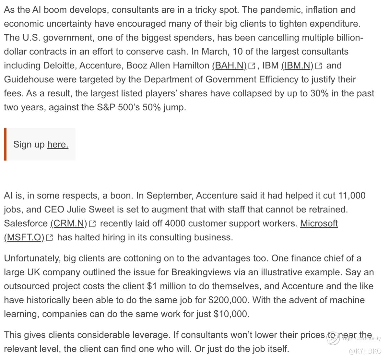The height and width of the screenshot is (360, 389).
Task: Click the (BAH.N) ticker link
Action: tap(229, 66)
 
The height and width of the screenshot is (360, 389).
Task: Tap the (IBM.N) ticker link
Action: tap(297, 66)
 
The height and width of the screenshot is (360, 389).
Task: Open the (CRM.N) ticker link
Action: tap(69, 223)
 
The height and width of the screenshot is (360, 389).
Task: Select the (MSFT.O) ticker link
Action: tap(24, 237)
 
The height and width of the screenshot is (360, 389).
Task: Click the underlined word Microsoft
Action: tap(319, 223)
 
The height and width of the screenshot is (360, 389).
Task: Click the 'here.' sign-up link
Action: tap(58, 144)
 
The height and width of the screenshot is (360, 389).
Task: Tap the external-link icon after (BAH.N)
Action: tap(252, 66)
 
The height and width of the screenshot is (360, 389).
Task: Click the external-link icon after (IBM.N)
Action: tap(319, 66)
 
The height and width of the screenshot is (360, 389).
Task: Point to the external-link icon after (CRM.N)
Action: tap(92, 224)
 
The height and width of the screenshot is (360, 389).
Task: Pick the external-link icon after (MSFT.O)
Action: tap(49, 238)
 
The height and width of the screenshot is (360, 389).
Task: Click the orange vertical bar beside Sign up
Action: tap(5, 144)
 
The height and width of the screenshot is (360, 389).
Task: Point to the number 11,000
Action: tap(352, 196)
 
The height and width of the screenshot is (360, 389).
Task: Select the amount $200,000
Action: tap(229, 300)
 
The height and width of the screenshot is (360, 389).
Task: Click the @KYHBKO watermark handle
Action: tap(365, 351)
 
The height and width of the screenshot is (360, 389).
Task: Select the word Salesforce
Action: tap(26, 223)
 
